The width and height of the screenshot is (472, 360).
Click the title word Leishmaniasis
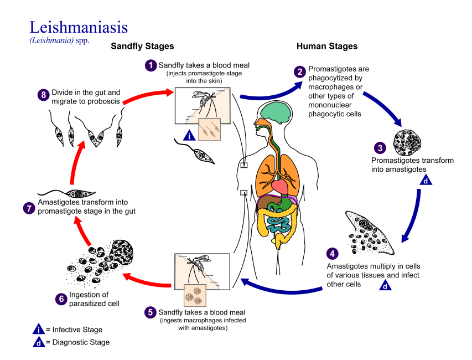pyautogui.click(x=79, y=28)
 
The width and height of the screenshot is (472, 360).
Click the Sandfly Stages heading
pyautogui.click(x=142, y=47)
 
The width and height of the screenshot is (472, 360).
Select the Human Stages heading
pyautogui.click(x=327, y=47)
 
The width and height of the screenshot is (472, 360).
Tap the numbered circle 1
pyautogui.click(x=151, y=65)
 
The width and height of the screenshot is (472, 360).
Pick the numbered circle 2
pyautogui.click(x=299, y=72)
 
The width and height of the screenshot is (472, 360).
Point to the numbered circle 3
pyautogui.click(x=380, y=147)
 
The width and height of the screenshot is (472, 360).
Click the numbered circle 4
pyautogui.click(x=332, y=254)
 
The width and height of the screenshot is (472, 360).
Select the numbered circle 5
pyautogui.click(x=151, y=312)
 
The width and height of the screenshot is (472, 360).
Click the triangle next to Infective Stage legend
pyautogui.click(x=38, y=330)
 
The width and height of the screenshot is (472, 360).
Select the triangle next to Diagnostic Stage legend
pyautogui.click(x=38, y=342)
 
